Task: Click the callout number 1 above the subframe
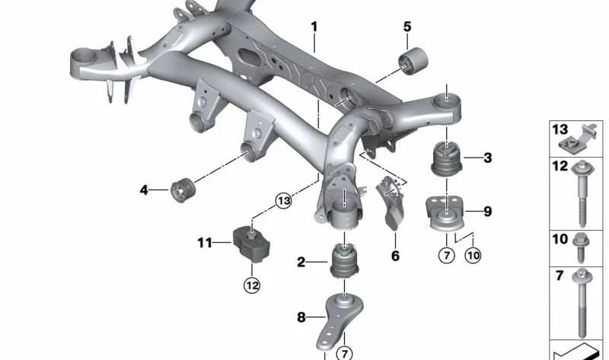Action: (314, 27)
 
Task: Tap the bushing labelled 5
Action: (413, 62)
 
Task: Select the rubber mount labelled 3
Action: (447, 159)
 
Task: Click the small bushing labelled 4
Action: (183, 190)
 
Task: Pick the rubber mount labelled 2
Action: (344, 260)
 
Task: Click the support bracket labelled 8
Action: (340, 321)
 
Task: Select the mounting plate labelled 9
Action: (445, 215)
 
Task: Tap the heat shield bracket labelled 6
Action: (391, 202)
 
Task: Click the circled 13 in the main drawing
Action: (283, 201)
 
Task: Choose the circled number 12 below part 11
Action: (252, 286)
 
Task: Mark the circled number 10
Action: (473, 255)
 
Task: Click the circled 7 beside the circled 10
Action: (447, 255)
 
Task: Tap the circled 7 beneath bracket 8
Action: (344, 353)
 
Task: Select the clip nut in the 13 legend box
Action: (579, 139)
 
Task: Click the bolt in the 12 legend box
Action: (582, 193)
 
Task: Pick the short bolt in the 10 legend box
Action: (581, 248)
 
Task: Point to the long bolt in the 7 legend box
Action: (582, 303)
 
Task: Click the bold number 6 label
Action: (395, 256)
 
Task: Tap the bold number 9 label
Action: (487, 212)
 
